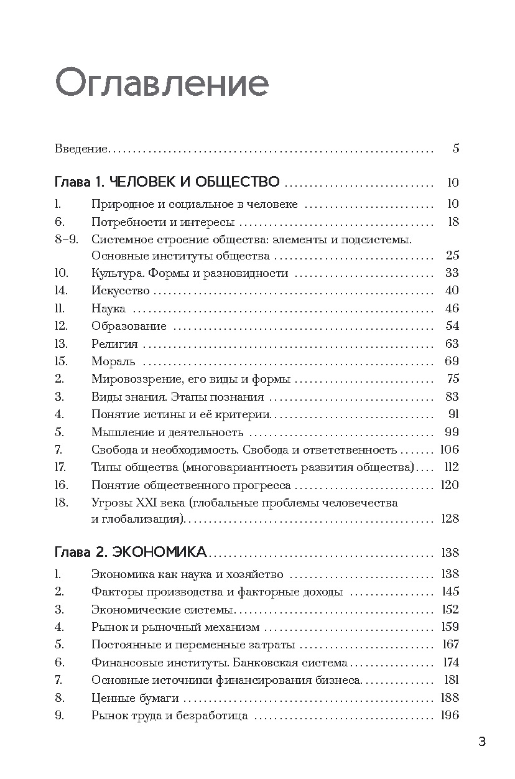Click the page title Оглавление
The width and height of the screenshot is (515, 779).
pos(162,84)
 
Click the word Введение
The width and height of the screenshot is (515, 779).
pos(81,149)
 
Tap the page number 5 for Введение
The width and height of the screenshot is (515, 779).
pos(456,149)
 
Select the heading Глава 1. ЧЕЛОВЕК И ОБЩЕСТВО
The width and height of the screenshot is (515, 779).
pos(167,183)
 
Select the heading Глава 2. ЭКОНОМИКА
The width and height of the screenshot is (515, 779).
pos(131,553)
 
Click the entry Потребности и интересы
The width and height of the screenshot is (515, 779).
pos(162,222)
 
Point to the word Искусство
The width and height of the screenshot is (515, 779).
pos(120,291)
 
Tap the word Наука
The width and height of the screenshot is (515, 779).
pos(108,309)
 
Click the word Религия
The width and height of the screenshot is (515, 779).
pos(114,343)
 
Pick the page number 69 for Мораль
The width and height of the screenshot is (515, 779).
pos(452,362)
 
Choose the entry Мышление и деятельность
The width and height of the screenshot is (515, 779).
pos(167,432)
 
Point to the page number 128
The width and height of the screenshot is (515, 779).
pos(450,519)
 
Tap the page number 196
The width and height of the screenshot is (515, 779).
pos(450,716)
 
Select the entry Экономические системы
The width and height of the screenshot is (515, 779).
pos(162,610)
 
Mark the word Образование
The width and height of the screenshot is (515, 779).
pos(129,326)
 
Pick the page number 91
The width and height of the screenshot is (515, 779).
pos(452,414)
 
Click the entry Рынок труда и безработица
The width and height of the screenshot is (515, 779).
pos(170,716)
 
